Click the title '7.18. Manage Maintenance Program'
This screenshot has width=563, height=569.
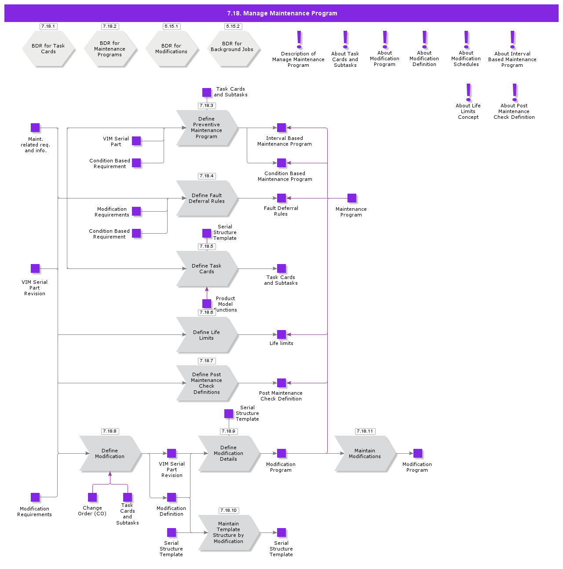(282, 13)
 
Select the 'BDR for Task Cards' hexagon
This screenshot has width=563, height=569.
(48, 49)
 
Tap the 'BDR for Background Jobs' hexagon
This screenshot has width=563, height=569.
(233, 49)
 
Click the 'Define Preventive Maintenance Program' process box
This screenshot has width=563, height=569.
(207, 128)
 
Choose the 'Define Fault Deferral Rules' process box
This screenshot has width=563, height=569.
(207, 198)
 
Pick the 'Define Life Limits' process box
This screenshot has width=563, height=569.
(207, 335)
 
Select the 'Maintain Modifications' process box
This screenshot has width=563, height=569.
(365, 454)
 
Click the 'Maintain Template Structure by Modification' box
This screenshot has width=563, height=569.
(229, 532)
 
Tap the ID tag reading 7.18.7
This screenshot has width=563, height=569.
(207, 361)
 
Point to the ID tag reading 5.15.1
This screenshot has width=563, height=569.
(172, 26)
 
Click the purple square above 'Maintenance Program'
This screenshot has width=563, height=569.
(352, 198)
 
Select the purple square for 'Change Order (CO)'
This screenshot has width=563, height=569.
(92, 497)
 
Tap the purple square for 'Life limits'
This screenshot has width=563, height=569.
(281, 334)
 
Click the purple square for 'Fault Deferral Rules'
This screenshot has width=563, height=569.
(281, 198)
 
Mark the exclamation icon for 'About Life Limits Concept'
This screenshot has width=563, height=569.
(468, 92)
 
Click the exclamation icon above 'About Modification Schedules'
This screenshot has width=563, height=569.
(466, 40)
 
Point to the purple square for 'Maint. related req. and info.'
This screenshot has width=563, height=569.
(35, 128)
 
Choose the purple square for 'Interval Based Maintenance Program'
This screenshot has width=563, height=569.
(281, 128)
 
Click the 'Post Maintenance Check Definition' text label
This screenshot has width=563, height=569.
(281, 396)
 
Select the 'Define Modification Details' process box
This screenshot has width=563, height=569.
(229, 454)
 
